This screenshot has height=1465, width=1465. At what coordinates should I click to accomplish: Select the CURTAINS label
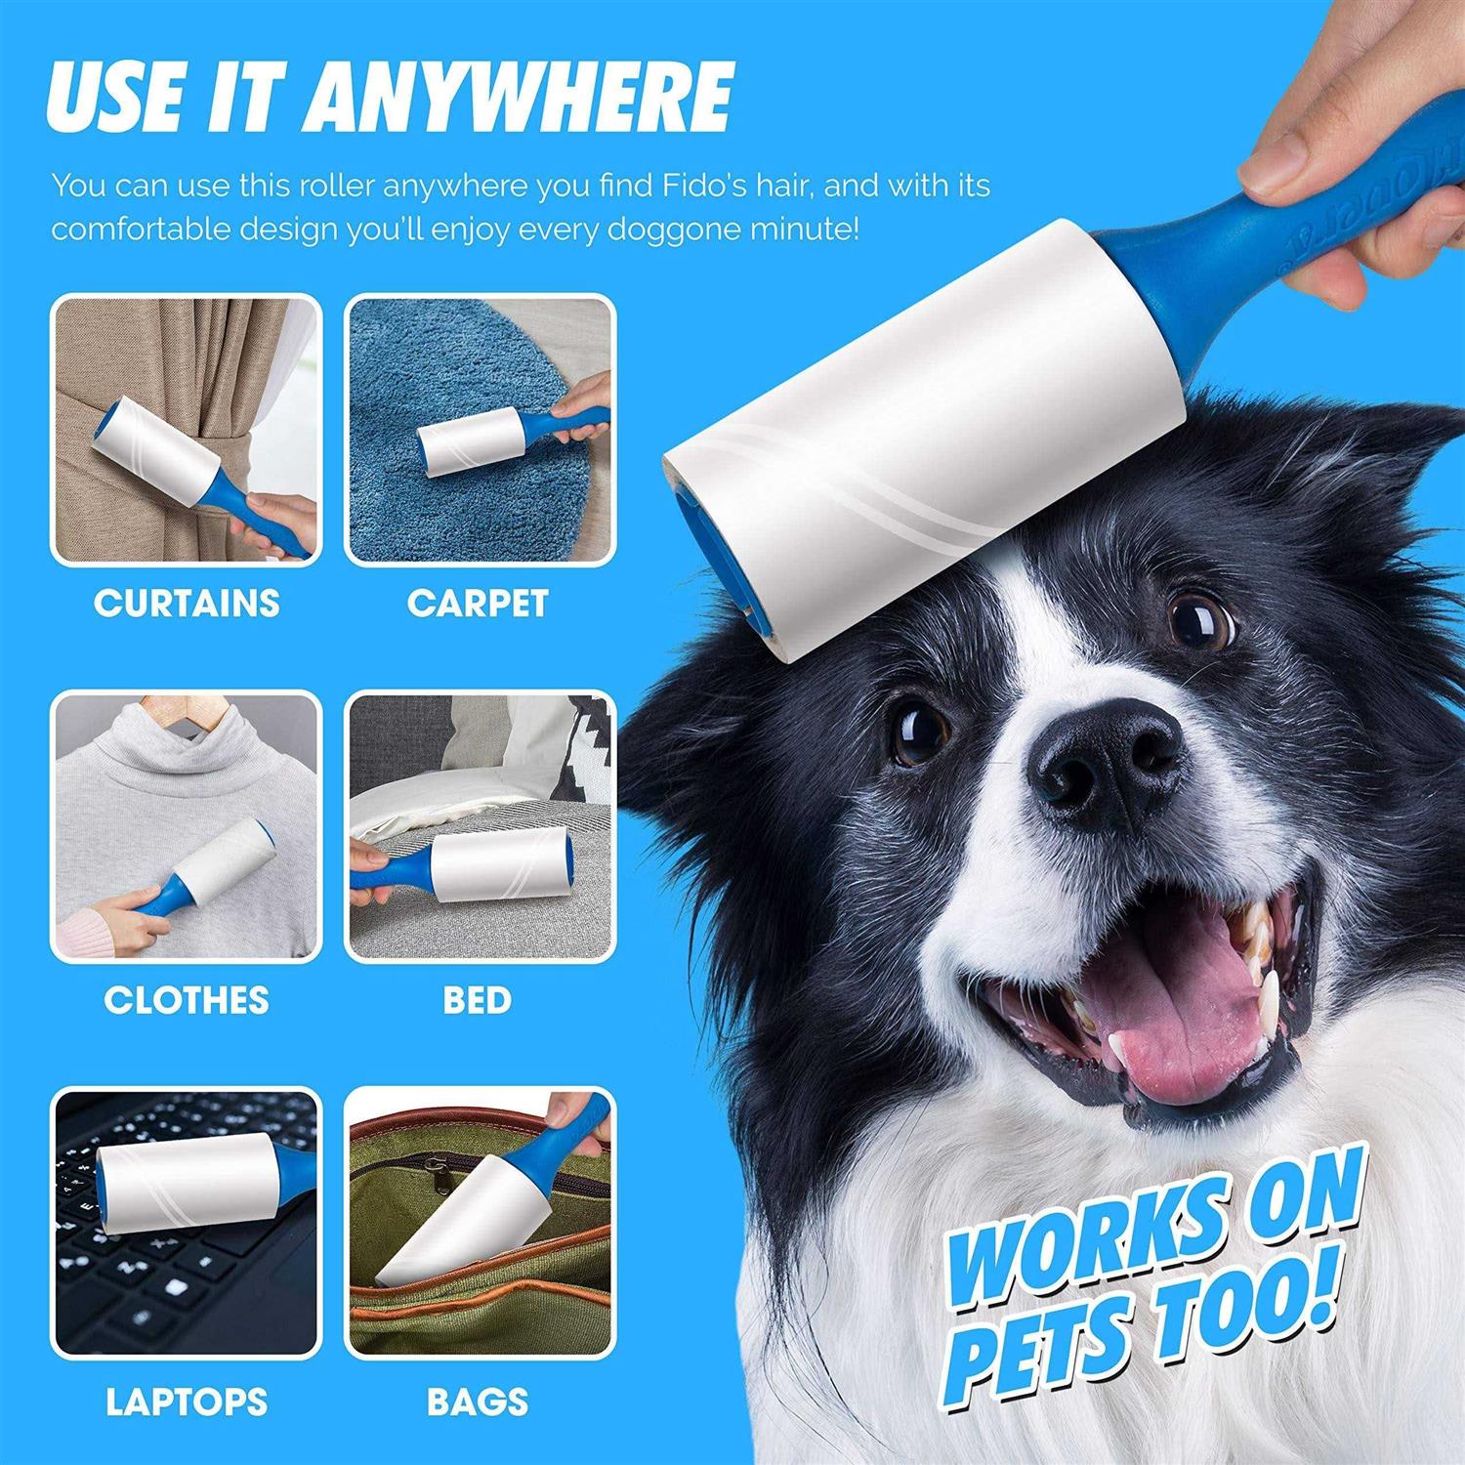(x=187, y=603)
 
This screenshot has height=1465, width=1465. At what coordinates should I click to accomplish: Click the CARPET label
(x=478, y=603)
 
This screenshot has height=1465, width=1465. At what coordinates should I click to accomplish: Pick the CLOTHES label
(x=187, y=999)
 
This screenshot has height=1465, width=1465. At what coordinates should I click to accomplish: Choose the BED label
(x=477, y=999)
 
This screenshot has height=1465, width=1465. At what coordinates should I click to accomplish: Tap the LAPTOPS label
(x=187, y=1402)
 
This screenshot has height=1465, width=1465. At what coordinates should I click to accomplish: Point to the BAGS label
(x=478, y=1402)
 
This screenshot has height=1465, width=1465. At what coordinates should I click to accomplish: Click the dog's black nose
(x=1109, y=757)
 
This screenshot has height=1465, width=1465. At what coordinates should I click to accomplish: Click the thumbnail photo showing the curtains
(x=187, y=430)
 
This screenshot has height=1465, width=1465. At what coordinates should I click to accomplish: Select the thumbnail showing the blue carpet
(x=481, y=430)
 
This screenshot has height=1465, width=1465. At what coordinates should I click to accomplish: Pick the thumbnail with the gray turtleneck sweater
(x=187, y=826)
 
